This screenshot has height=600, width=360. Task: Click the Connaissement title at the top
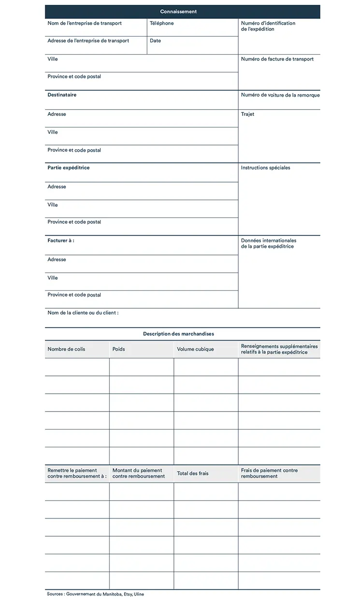[178, 12]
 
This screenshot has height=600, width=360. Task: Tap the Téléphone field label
[161, 23]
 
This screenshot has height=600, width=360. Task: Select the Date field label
[155, 41]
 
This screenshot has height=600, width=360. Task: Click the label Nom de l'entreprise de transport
[85, 23]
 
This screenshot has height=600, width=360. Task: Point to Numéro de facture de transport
[277, 59]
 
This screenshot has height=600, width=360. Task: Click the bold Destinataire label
[62, 95]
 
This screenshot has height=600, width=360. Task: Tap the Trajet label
[247, 114]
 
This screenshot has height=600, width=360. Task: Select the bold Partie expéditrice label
[68, 168]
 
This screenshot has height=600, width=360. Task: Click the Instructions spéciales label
[265, 168]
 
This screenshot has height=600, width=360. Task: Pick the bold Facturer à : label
[61, 240]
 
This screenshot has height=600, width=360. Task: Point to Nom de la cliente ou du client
[83, 313]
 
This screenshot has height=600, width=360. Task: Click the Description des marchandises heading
[178, 334]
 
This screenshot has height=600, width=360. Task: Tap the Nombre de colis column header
[66, 349]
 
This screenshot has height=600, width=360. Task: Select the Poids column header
[118, 349]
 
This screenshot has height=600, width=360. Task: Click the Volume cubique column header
[195, 349]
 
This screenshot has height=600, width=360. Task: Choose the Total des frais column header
[192, 473]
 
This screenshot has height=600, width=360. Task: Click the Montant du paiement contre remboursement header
[138, 473]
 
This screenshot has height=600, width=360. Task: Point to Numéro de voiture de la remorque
[280, 95]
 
